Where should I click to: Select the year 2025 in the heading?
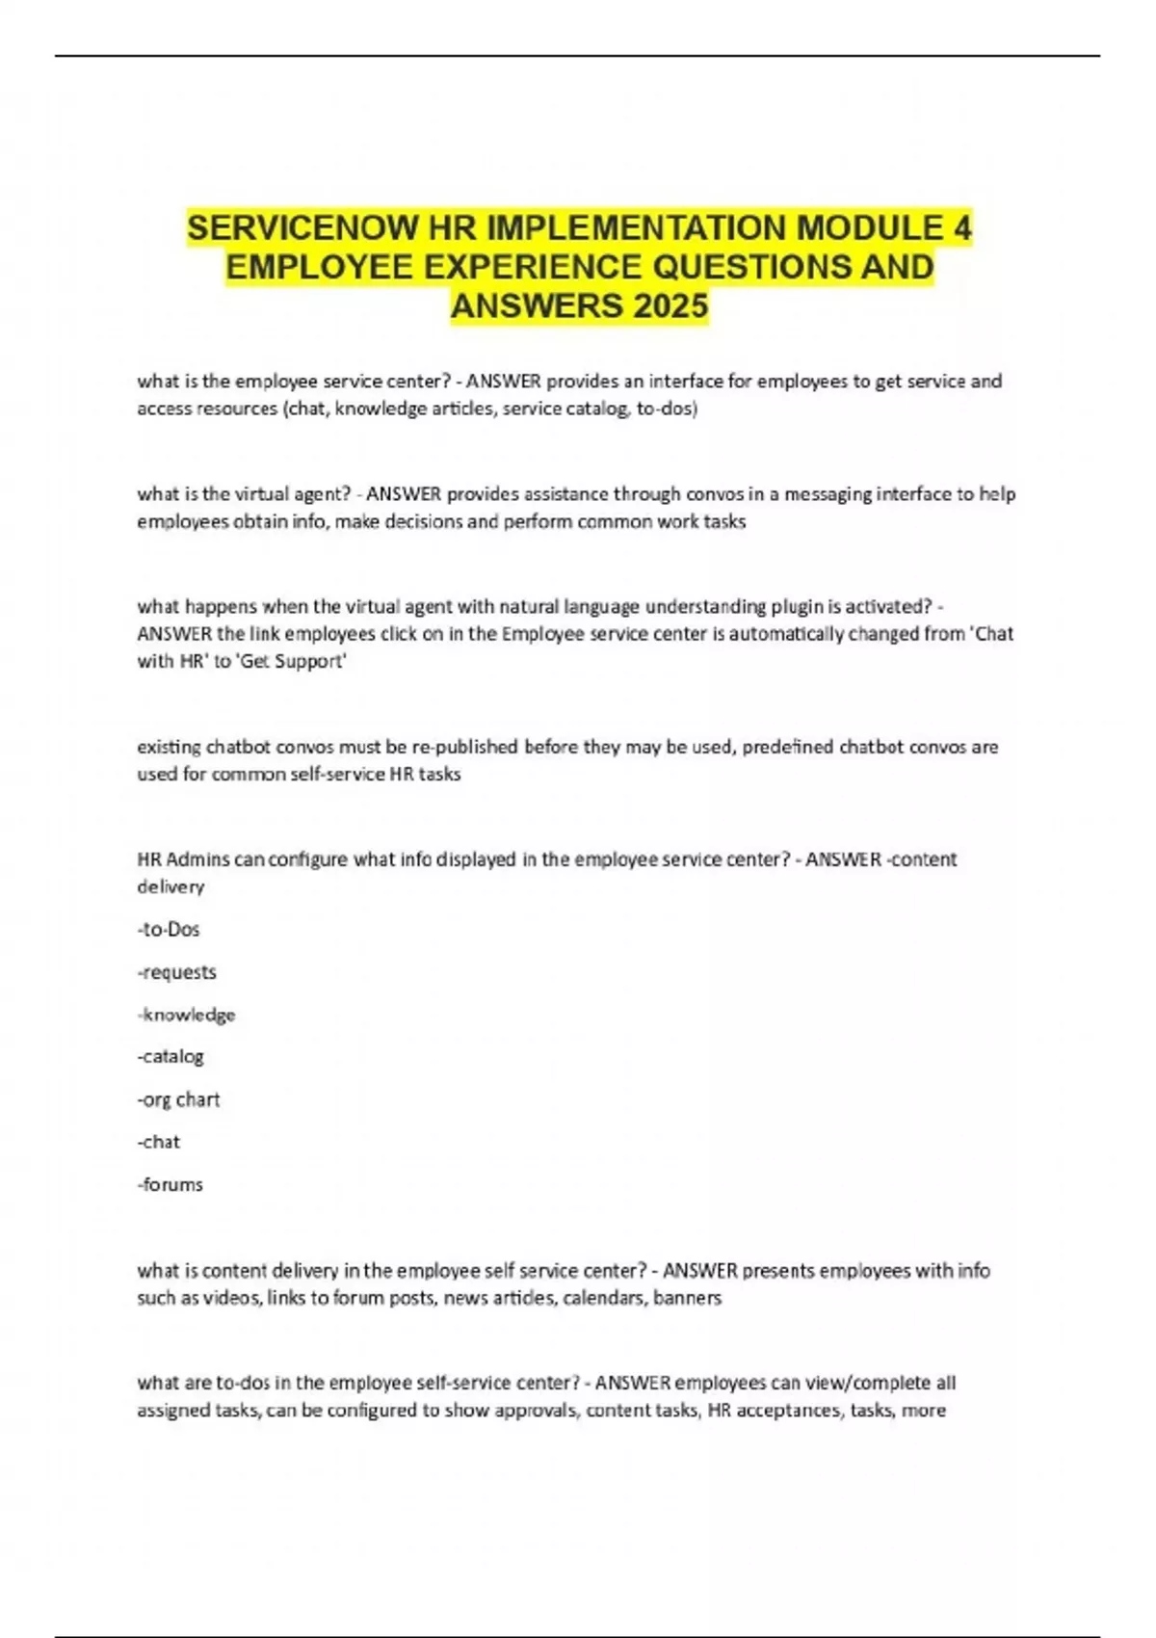pyautogui.click(x=671, y=305)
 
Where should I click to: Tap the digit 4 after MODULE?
pyautogui.click(x=961, y=228)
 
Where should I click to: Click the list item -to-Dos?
pyautogui.click(x=169, y=929)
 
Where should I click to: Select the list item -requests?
pyautogui.click(x=176, y=972)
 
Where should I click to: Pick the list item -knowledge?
pyautogui.click(x=186, y=1015)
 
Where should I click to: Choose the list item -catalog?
pyautogui.click(x=171, y=1056)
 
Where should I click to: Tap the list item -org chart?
pyautogui.click(x=178, y=1099)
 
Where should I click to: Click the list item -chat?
pyautogui.click(x=159, y=1142)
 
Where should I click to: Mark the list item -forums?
pyautogui.click(x=171, y=1184)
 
